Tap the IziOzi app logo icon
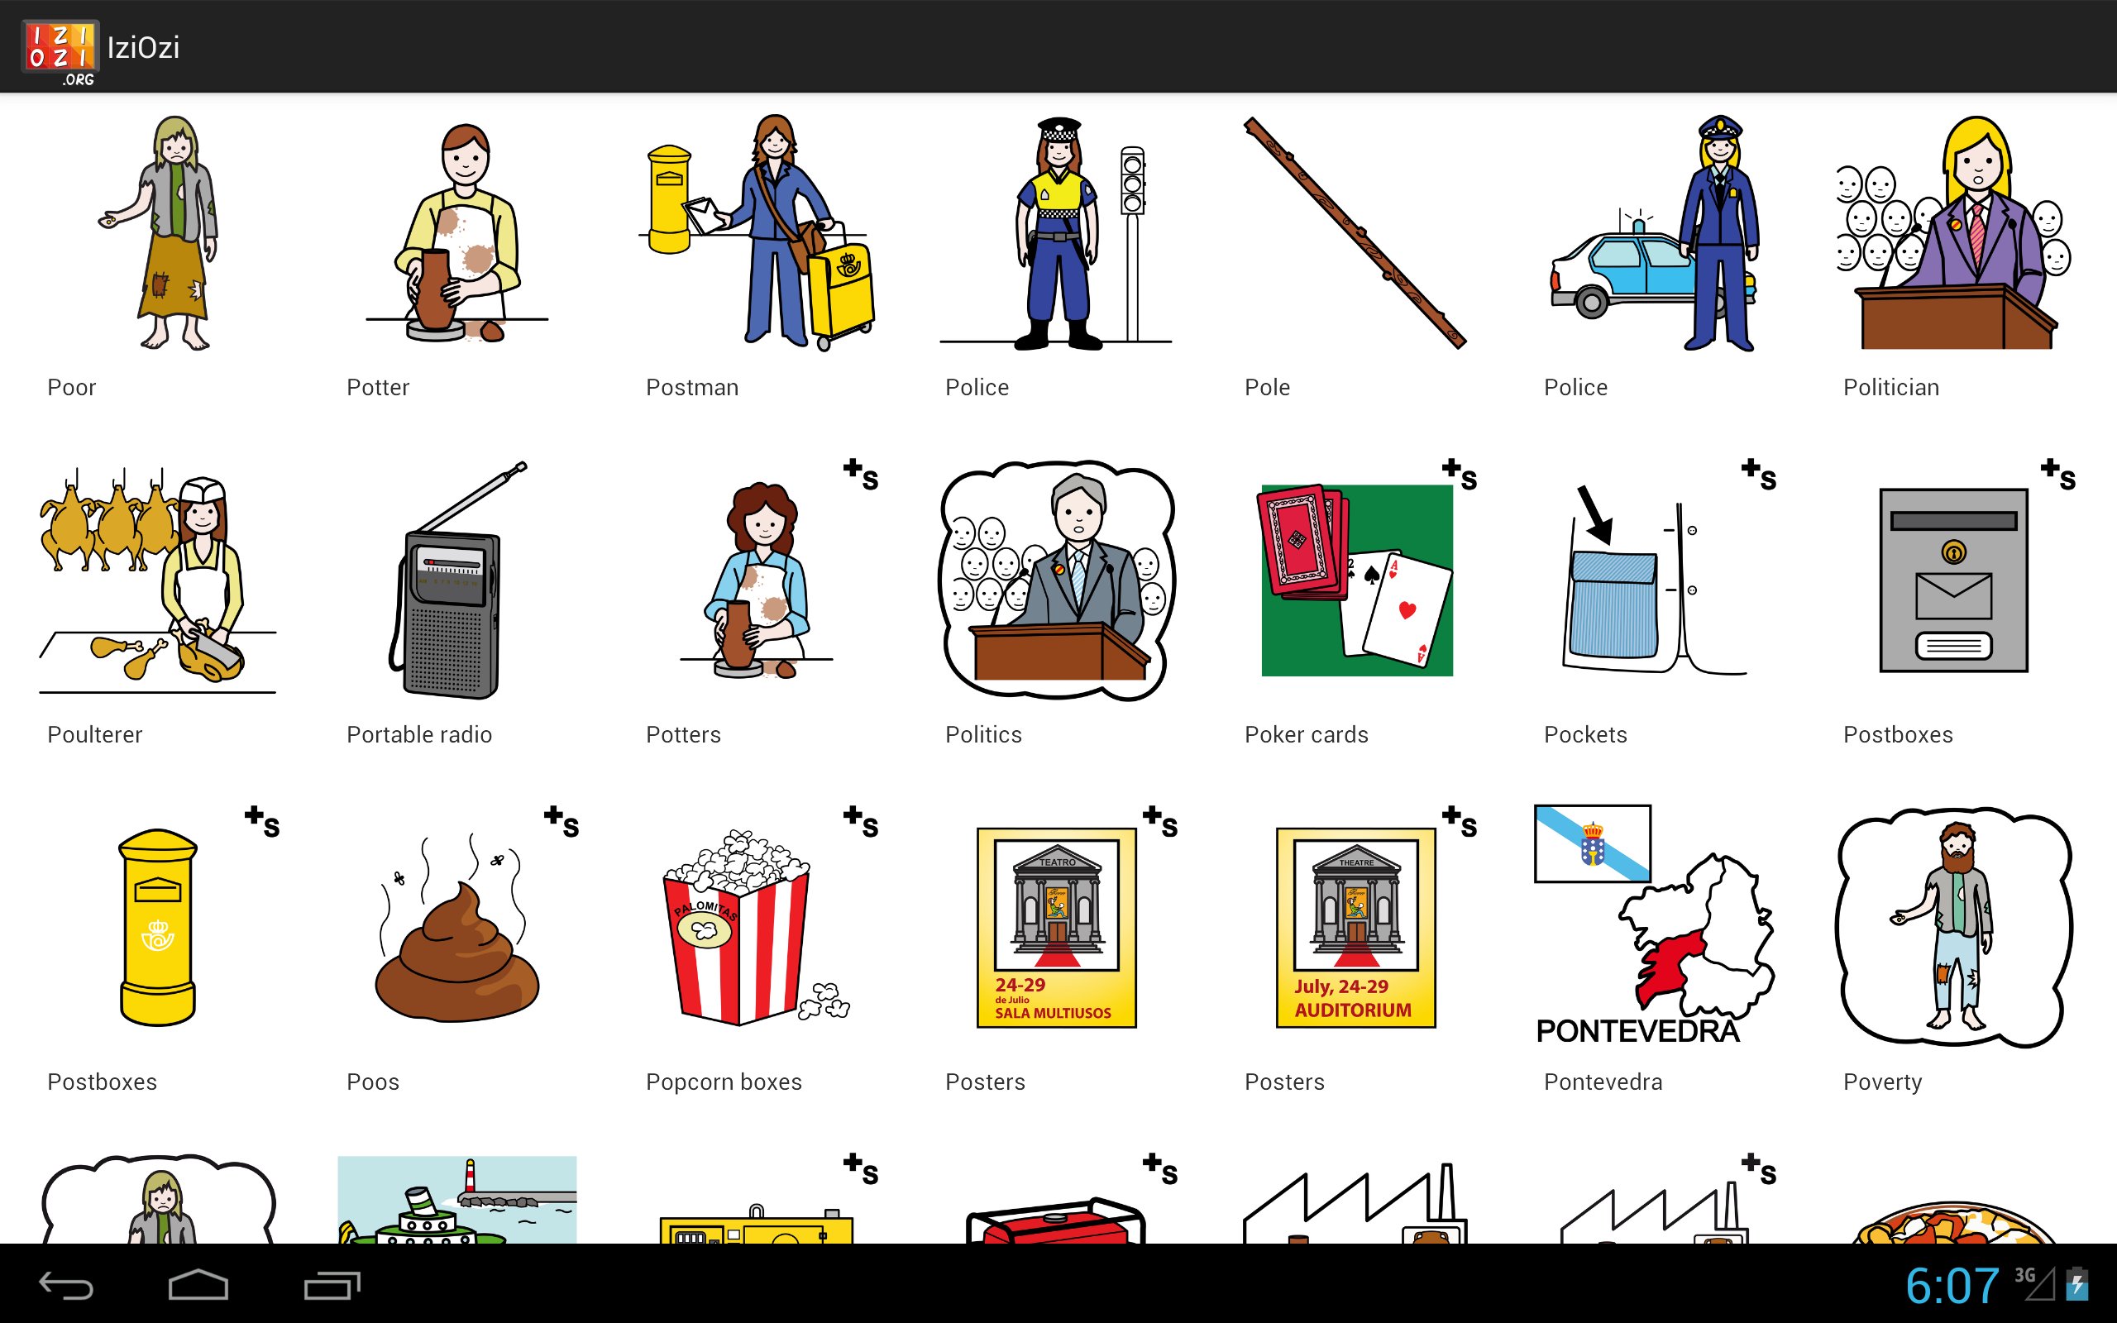point(60,52)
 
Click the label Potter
point(378,388)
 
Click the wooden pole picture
point(1355,232)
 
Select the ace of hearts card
point(1407,610)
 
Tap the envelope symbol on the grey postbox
point(1953,596)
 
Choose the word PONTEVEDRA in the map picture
point(1637,1032)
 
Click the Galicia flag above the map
point(1593,843)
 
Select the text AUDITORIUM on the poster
point(1352,1010)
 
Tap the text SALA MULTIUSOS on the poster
point(1053,1013)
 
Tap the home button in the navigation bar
point(198,1284)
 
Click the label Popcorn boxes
point(724,1082)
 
